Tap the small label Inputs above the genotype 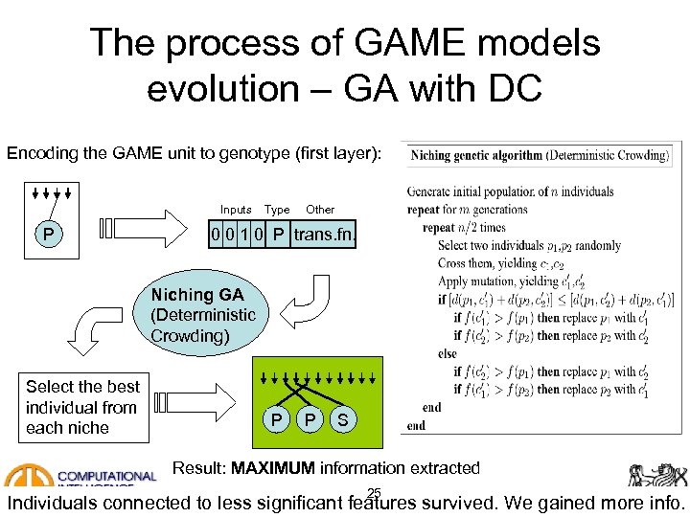point(236,210)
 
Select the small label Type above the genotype point(277,210)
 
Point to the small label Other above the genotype point(320,210)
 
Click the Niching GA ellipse point(202,315)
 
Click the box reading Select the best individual point(82,408)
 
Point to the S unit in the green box point(343,420)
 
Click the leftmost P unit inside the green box point(276,420)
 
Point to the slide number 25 point(374,493)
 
